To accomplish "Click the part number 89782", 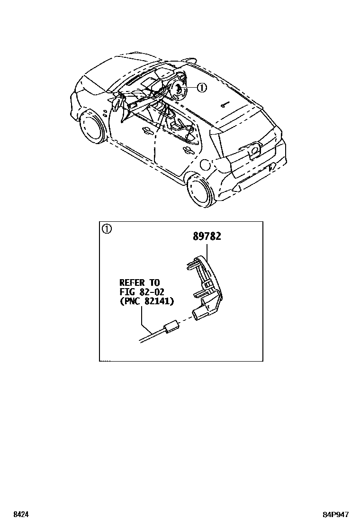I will tap(207, 236).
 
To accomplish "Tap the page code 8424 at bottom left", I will tap(20, 514).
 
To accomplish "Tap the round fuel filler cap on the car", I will tap(205, 165).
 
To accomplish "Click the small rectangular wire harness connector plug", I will tap(170, 327).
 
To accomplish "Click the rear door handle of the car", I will tap(188, 151).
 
